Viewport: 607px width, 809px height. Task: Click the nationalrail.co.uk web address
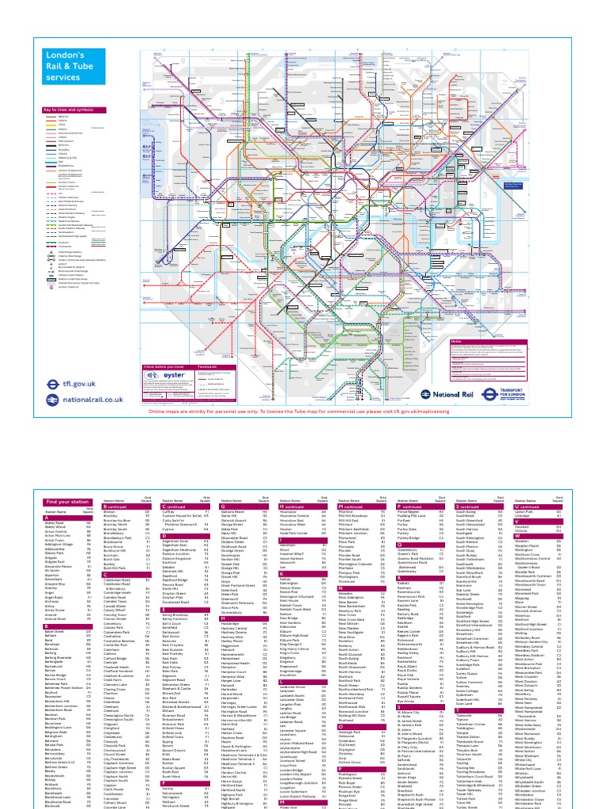[x=80, y=400]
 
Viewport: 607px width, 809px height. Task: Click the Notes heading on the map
[x=456, y=341]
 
